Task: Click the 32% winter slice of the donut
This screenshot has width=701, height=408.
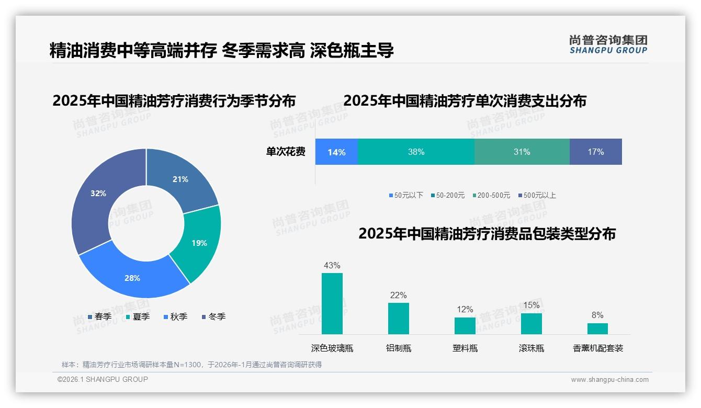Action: tap(97, 199)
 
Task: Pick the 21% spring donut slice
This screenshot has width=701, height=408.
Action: tap(180, 178)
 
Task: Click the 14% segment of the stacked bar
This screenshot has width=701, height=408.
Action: tap(336, 152)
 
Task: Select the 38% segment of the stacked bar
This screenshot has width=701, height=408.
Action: tap(416, 152)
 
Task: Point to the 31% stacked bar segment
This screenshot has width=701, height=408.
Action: tap(522, 152)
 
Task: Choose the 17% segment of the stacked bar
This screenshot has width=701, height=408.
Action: tap(595, 152)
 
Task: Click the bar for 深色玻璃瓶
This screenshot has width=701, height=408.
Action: tap(332, 303)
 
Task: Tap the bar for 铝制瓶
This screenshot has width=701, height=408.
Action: tap(398, 318)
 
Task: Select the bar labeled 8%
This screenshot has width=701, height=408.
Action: tap(597, 328)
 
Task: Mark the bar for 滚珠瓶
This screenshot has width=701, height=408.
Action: tap(532, 323)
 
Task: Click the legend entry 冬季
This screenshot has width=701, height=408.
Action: tap(213, 316)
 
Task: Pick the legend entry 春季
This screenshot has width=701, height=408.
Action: tap(100, 316)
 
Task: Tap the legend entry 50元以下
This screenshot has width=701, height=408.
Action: tap(406, 195)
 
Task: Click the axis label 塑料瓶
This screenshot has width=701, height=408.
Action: tap(465, 348)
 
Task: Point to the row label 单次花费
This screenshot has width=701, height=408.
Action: tap(286, 152)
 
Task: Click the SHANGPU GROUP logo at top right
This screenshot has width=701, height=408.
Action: tap(608, 44)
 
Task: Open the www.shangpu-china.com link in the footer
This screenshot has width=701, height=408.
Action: tap(609, 380)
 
